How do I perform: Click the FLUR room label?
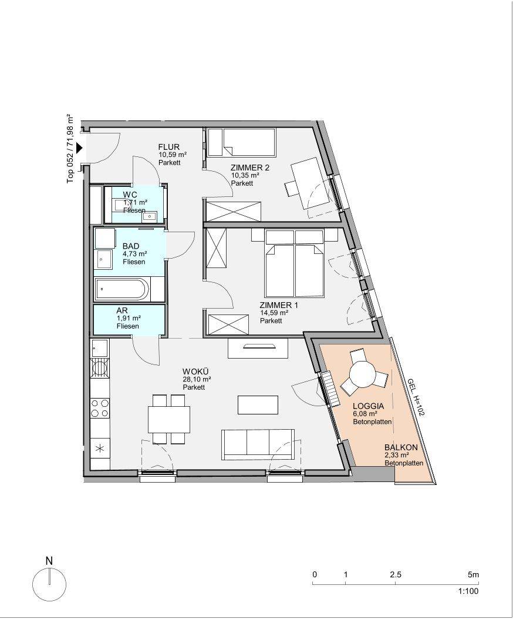(169, 147)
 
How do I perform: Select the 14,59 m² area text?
(274, 313)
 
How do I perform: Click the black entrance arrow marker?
(80, 148)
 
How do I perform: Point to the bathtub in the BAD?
(122, 289)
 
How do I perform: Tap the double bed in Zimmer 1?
(295, 264)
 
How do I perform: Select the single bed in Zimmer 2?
(241, 142)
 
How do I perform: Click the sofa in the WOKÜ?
(258, 444)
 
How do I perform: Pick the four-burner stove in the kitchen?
(100, 408)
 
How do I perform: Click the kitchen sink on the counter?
(100, 348)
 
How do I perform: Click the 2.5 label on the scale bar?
(396, 574)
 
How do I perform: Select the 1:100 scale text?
(468, 591)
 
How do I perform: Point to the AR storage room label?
(122, 311)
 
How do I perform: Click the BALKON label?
(401, 448)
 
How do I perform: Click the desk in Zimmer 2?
(310, 183)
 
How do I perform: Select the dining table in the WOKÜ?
(169, 419)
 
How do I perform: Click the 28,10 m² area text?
(197, 379)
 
